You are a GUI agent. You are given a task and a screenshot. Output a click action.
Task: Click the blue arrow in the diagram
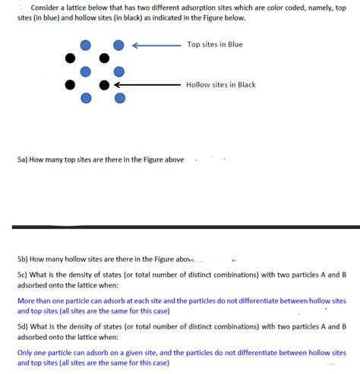click(x=155, y=46)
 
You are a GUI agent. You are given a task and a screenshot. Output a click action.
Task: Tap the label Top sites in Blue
click(x=215, y=45)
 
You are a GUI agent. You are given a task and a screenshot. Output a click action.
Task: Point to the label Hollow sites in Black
click(x=220, y=84)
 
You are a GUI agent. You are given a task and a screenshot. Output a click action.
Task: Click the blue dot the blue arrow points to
click(x=118, y=46)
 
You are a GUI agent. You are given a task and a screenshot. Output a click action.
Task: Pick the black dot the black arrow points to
click(x=105, y=84)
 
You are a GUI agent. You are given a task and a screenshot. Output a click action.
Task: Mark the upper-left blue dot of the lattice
click(x=86, y=46)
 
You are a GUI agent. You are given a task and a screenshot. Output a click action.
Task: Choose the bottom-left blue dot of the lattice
click(x=86, y=98)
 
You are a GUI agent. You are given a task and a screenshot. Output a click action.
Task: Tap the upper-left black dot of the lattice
click(x=71, y=58)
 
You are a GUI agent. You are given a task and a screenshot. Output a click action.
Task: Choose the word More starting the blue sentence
click(x=25, y=300)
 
